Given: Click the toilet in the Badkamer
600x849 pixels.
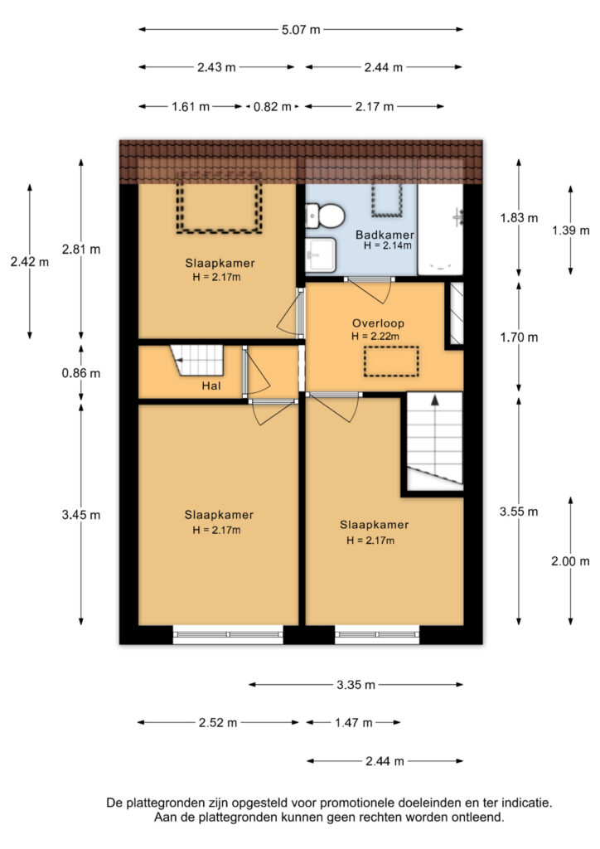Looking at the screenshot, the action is (x=325, y=216).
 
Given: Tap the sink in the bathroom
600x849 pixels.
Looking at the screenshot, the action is (x=321, y=255).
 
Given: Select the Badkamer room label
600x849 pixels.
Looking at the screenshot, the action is (x=385, y=235).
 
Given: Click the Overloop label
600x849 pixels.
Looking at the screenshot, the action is (x=378, y=323).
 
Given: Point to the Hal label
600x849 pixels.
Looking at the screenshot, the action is (x=211, y=386).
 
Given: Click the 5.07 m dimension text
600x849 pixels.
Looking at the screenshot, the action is (x=301, y=30).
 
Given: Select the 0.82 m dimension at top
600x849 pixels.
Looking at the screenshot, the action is (x=273, y=107).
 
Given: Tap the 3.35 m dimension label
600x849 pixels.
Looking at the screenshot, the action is (x=356, y=685).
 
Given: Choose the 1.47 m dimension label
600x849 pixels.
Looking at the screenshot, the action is (x=354, y=723).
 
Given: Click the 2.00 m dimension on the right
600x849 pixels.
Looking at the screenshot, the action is (x=570, y=561).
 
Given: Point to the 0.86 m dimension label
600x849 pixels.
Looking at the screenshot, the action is (x=81, y=373).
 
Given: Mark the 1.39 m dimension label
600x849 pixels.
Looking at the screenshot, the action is (x=570, y=230).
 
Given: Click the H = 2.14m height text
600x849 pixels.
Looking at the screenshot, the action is (x=387, y=245).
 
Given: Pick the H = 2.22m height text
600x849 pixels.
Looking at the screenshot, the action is (x=375, y=337).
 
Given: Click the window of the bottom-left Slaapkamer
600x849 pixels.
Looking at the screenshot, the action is (x=228, y=634).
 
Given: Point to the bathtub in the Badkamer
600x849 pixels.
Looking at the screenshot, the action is (x=440, y=230).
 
